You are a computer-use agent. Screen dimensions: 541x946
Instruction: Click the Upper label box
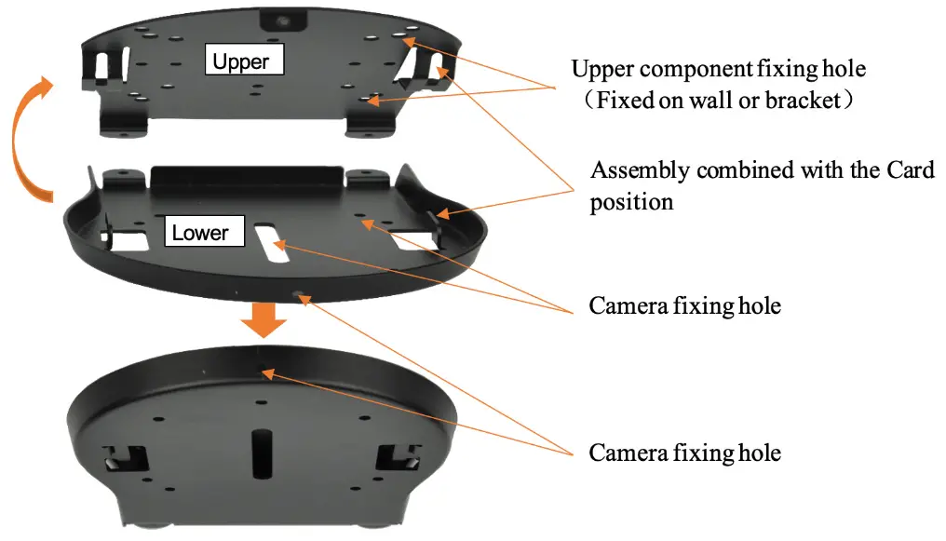click(242, 61)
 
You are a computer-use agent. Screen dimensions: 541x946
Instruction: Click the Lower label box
click(199, 232)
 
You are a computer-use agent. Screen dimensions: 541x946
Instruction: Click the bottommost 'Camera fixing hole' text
click(684, 453)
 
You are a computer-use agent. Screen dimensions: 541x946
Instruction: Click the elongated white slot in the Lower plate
click(269, 243)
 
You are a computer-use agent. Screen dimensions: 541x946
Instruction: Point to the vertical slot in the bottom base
click(259, 453)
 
